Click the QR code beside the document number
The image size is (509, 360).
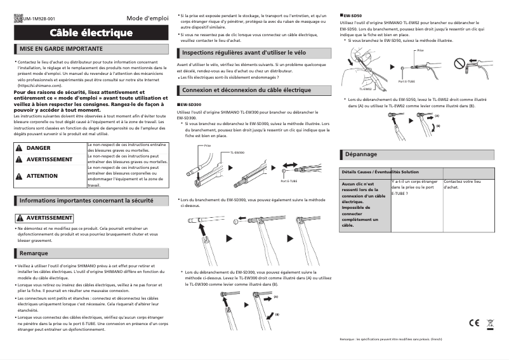tap(18, 19)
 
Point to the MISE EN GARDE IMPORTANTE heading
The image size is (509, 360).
tap(62, 48)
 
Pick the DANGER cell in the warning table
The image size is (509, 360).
tap(39, 148)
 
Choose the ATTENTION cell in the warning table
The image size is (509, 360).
tap(42, 176)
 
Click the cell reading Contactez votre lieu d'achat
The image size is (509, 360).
tap(463, 184)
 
